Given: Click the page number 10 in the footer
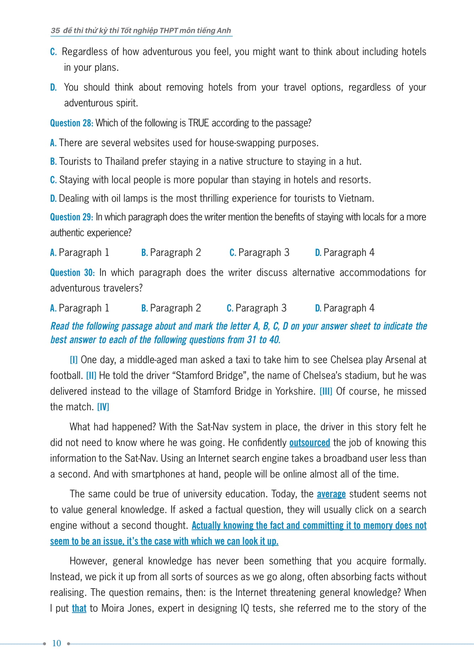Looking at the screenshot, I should (57, 643).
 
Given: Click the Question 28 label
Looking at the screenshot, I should (72, 123).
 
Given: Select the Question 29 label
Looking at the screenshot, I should (72, 217).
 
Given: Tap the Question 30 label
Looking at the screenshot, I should (72, 273).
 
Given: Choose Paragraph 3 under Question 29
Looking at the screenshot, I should (259, 253).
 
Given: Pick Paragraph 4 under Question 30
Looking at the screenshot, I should (345, 308).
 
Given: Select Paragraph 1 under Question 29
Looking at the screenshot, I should (80, 253).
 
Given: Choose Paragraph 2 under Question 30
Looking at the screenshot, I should (171, 308).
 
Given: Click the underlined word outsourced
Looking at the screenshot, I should (309, 443).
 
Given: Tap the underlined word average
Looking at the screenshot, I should (331, 494).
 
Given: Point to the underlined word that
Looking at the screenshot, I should (79, 608).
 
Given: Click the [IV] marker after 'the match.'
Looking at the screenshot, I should (103, 407).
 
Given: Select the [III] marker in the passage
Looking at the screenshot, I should (326, 391).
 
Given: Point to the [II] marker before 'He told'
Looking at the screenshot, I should (91, 376).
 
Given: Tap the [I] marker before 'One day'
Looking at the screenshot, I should (74, 360).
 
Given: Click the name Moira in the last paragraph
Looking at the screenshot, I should (113, 608).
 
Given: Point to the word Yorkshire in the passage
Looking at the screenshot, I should (295, 391).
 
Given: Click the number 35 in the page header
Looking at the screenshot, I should (55, 30).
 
